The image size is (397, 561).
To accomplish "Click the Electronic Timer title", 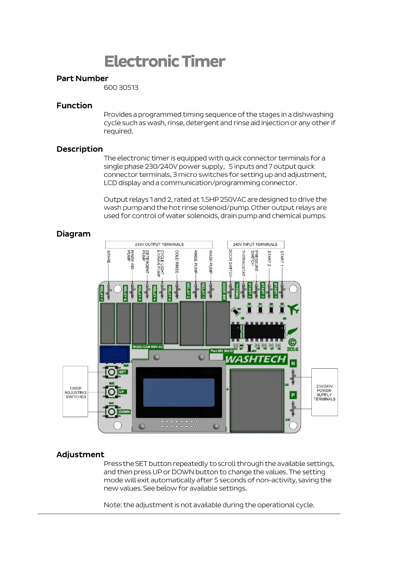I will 165,62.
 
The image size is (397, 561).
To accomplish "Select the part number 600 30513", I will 121,88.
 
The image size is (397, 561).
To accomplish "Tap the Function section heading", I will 74,106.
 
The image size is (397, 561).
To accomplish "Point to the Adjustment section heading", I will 80,455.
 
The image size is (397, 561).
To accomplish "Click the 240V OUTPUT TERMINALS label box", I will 159,245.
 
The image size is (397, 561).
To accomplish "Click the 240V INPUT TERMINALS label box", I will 255,245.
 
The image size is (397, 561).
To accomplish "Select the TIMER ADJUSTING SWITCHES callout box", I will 75,392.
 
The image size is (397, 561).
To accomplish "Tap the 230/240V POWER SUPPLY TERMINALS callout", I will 324,392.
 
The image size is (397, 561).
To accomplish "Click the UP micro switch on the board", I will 111,392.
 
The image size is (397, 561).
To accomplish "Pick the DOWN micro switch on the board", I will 111,412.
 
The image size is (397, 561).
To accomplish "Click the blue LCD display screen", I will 179,392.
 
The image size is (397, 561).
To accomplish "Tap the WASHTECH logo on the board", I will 256,359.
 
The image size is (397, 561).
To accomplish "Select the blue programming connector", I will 114,354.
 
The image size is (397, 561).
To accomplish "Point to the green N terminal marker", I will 293,363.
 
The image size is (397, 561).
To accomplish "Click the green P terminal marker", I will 293,395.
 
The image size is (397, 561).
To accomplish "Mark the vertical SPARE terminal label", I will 109,257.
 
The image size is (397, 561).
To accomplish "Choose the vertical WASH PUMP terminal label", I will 211,262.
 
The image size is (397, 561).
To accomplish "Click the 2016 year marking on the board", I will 292,349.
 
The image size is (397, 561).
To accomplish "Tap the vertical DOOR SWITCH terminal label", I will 230,263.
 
